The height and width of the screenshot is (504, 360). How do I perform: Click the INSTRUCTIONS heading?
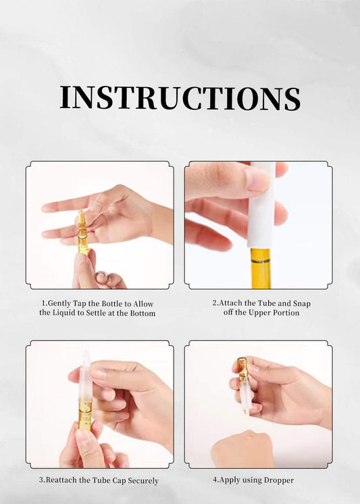180,98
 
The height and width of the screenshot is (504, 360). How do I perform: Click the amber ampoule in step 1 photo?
82,232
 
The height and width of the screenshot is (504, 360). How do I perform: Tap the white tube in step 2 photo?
261,205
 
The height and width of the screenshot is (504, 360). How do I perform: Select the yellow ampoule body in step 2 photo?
260,268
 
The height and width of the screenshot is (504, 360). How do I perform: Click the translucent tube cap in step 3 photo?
86,376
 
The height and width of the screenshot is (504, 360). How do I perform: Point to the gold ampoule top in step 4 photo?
242,368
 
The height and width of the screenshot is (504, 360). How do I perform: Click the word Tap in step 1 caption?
80,304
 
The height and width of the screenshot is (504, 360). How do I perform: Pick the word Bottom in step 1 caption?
143,313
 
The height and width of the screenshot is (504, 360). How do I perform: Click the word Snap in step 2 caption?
302,303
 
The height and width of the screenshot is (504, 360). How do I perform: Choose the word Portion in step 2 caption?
286,313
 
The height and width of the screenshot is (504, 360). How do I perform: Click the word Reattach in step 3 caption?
61,480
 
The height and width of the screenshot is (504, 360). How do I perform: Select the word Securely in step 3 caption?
143,481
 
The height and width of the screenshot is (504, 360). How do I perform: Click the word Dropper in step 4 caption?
279,480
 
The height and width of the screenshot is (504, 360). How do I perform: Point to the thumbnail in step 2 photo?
258,180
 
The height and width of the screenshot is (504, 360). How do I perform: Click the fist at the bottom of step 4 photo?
243,449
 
